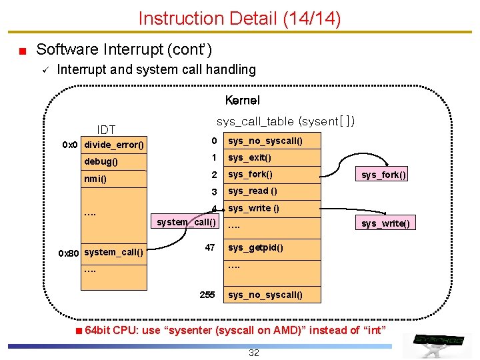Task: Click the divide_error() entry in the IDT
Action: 114,145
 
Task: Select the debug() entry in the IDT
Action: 114,161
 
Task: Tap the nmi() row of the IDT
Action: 114,179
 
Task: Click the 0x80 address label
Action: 68,253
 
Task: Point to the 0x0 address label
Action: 70,145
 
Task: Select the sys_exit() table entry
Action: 272,157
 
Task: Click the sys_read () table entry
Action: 272,191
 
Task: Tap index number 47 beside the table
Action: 210,247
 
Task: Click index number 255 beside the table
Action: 207,295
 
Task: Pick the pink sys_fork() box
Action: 381,174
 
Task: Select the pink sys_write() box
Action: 385,223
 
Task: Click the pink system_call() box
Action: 185,221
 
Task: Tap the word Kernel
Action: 243,100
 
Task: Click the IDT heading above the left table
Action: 106,130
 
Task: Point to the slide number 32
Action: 254,353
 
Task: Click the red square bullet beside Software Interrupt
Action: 23,51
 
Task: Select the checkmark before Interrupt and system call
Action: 45,70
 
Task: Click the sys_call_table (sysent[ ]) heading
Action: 285,121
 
